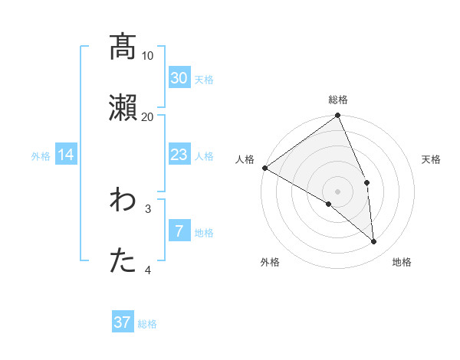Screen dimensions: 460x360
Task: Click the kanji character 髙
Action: pos(123,47)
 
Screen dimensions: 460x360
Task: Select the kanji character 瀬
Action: pos(123,108)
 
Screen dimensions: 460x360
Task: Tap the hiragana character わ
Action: pos(123,200)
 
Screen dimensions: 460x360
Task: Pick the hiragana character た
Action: pos(123,261)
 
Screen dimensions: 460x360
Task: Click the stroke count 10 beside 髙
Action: pos(148,55)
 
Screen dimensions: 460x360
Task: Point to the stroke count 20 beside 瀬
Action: pos(148,116)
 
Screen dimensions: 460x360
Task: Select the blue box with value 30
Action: pos(179,77)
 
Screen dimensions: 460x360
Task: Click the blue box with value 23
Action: pos(179,155)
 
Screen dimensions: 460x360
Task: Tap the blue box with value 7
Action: pos(179,231)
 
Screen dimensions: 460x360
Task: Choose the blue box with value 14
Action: pos(66,155)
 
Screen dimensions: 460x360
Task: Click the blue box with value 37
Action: pos(123,322)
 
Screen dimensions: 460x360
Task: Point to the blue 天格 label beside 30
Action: pos(204,79)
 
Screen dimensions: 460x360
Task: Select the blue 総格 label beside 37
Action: pos(147,324)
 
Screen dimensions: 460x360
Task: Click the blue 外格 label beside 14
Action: pos(41,156)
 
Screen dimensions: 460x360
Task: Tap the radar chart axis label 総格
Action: pos(338,100)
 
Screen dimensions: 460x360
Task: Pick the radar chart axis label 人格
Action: pos(245,159)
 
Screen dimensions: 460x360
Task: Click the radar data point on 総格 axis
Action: pos(338,116)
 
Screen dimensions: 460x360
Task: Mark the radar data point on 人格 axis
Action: pos(264,168)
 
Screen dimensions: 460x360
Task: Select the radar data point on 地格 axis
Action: pos(374,242)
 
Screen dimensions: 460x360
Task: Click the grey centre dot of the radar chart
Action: pos(338,191)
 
